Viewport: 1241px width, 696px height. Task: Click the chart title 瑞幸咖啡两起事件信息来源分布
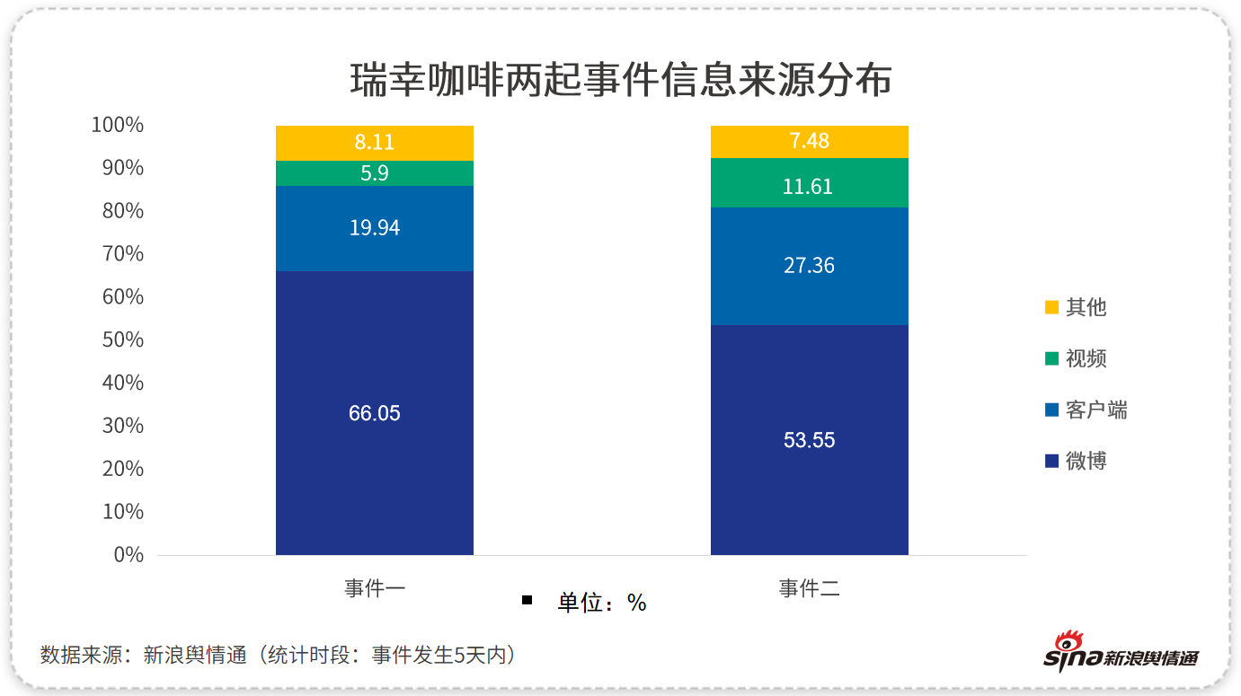pos(620,80)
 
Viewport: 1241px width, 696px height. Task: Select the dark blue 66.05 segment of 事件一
pos(375,413)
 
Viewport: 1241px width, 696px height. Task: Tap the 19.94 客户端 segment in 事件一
pos(375,228)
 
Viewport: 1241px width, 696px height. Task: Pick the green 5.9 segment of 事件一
pos(375,173)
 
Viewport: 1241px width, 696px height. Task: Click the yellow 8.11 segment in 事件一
pos(375,143)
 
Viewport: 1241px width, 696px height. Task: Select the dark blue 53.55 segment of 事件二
pos(809,440)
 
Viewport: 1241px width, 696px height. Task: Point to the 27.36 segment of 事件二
pos(809,266)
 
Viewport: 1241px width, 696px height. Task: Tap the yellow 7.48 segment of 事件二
pos(809,141)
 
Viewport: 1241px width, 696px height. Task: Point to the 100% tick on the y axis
pos(118,125)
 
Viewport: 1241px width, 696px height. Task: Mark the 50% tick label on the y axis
pos(122,339)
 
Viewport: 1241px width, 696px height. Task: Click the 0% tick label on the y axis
pos(129,554)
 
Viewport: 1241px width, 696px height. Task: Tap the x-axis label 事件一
pos(375,589)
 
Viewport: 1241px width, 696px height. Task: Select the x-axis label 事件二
pos(809,589)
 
